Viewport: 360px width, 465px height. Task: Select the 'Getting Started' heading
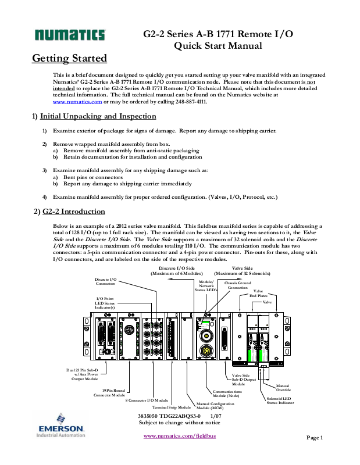point(69,58)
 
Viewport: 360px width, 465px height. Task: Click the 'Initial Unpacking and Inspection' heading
point(98,117)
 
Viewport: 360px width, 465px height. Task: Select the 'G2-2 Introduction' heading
point(73,212)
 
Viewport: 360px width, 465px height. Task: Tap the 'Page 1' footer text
point(314,438)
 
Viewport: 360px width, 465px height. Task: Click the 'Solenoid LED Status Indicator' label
point(279,400)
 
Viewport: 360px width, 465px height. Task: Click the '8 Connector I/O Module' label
point(147,400)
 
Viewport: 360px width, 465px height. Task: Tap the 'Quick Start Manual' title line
point(218,46)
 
